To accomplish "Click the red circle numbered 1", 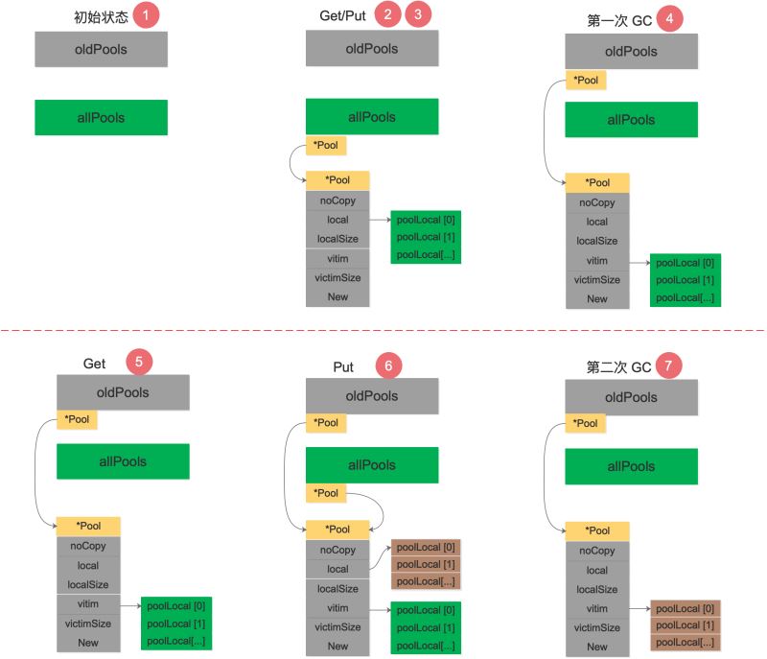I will click(x=145, y=16).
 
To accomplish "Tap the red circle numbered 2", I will click(x=387, y=15).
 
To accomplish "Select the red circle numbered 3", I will click(x=418, y=15).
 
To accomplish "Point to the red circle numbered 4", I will click(x=671, y=18).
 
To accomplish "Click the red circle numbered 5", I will click(x=139, y=362).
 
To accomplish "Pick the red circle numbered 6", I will click(x=389, y=365).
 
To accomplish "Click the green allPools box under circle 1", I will click(x=101, y=118).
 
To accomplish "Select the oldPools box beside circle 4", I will click(x=631, y=51).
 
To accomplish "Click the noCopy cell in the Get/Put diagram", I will click(x=337, y=201).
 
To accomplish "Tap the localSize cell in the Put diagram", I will click(x=337, y=589).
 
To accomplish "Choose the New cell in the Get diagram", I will click(x=88, y=643).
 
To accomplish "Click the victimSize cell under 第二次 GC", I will click(x=597, y=627).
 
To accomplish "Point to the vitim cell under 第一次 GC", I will click(x=597, y=261).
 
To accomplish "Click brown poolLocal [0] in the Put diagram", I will click(x=427, y=547).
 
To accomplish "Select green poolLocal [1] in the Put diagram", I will click(x=427, y=627).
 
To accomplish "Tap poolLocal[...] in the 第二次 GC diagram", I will click(x=686, y=642).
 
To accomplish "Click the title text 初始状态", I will click(x=101, y=17).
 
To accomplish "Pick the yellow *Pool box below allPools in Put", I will click(x=326, y=493).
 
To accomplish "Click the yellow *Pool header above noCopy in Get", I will click(x=88, y=526).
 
